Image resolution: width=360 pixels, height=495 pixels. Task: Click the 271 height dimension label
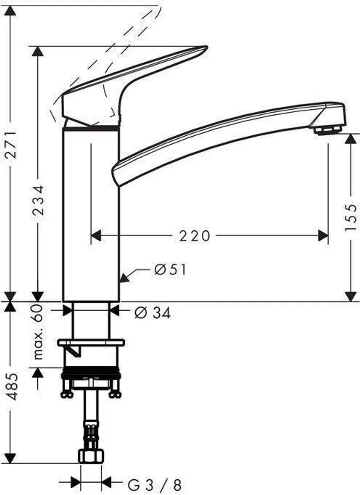click(x=11, y=145)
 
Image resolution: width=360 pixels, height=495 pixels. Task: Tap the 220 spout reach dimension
click(x=194, y=236)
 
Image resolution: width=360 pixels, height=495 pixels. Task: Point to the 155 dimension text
click(x=351, y=217)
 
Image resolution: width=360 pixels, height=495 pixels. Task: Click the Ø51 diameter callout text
click(x=170, y=270)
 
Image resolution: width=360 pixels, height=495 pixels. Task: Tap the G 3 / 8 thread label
click(x=154, y=485)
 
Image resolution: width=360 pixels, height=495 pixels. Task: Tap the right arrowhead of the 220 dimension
click(x=323, y=236)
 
